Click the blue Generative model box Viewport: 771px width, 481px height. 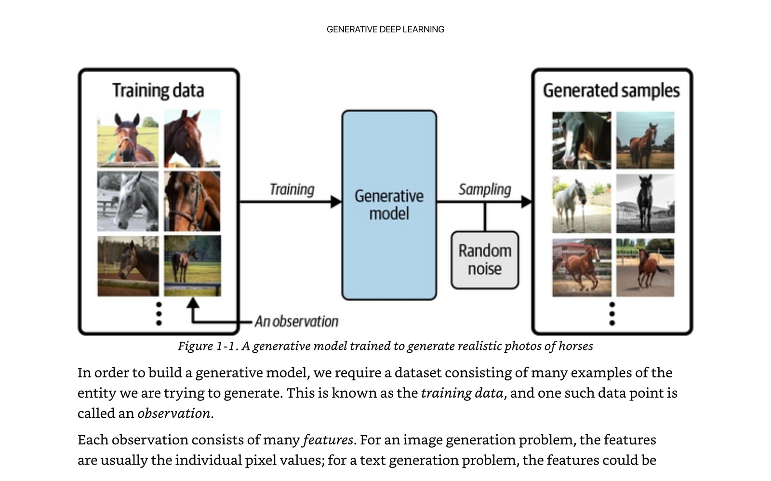tap(389, 205)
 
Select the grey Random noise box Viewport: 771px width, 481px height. tap(485, 260)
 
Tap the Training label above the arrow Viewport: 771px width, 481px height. tap(292, 189)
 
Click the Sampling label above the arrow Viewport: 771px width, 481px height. tap(484, 189)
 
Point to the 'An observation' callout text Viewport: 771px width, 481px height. tap(296, 321)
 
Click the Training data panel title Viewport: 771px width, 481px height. tap(158, 91)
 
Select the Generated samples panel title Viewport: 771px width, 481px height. tap(611, 91)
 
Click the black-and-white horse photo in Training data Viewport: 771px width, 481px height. tap(128, 201)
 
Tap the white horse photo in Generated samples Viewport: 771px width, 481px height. tap(581, 204)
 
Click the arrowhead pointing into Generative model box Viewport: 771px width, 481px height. tap(336, 201)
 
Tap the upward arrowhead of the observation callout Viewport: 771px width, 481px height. tap(192, 303)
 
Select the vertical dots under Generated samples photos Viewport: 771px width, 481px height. tap(612, 314)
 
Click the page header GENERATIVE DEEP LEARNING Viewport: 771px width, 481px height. tap(385, 29)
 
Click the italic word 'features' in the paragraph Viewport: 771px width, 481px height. tap(328, 440)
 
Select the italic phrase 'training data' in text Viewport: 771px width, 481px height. tap(462, 393)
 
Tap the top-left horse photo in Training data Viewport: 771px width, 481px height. tap(128, 138)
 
